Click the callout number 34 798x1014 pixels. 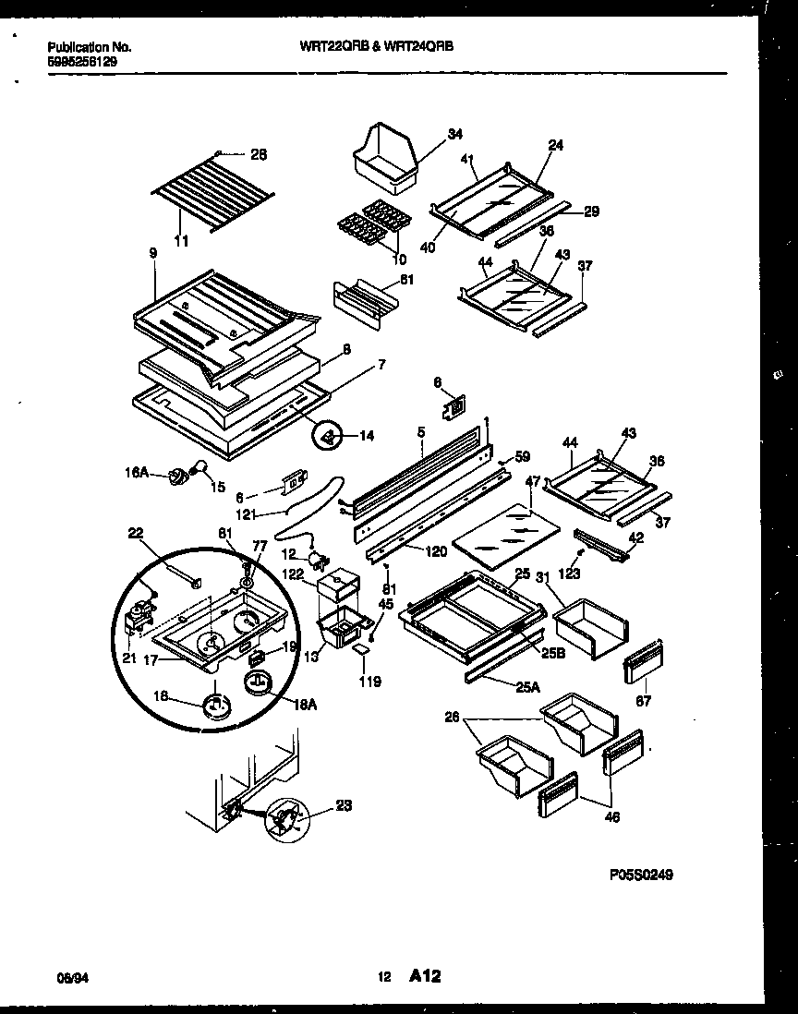pyautogui.click(x=455, y=135)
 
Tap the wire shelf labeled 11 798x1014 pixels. pyautogui.click(x=212, y=193)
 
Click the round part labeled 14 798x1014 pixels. pyautogui.click(x=327, y=436)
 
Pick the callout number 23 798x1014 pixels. pyautogui.click(x=343, y=805)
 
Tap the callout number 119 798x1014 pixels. pyautogui.click(x=369, y=682)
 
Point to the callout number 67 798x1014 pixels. pyautogui.click(x=643, y=701)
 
